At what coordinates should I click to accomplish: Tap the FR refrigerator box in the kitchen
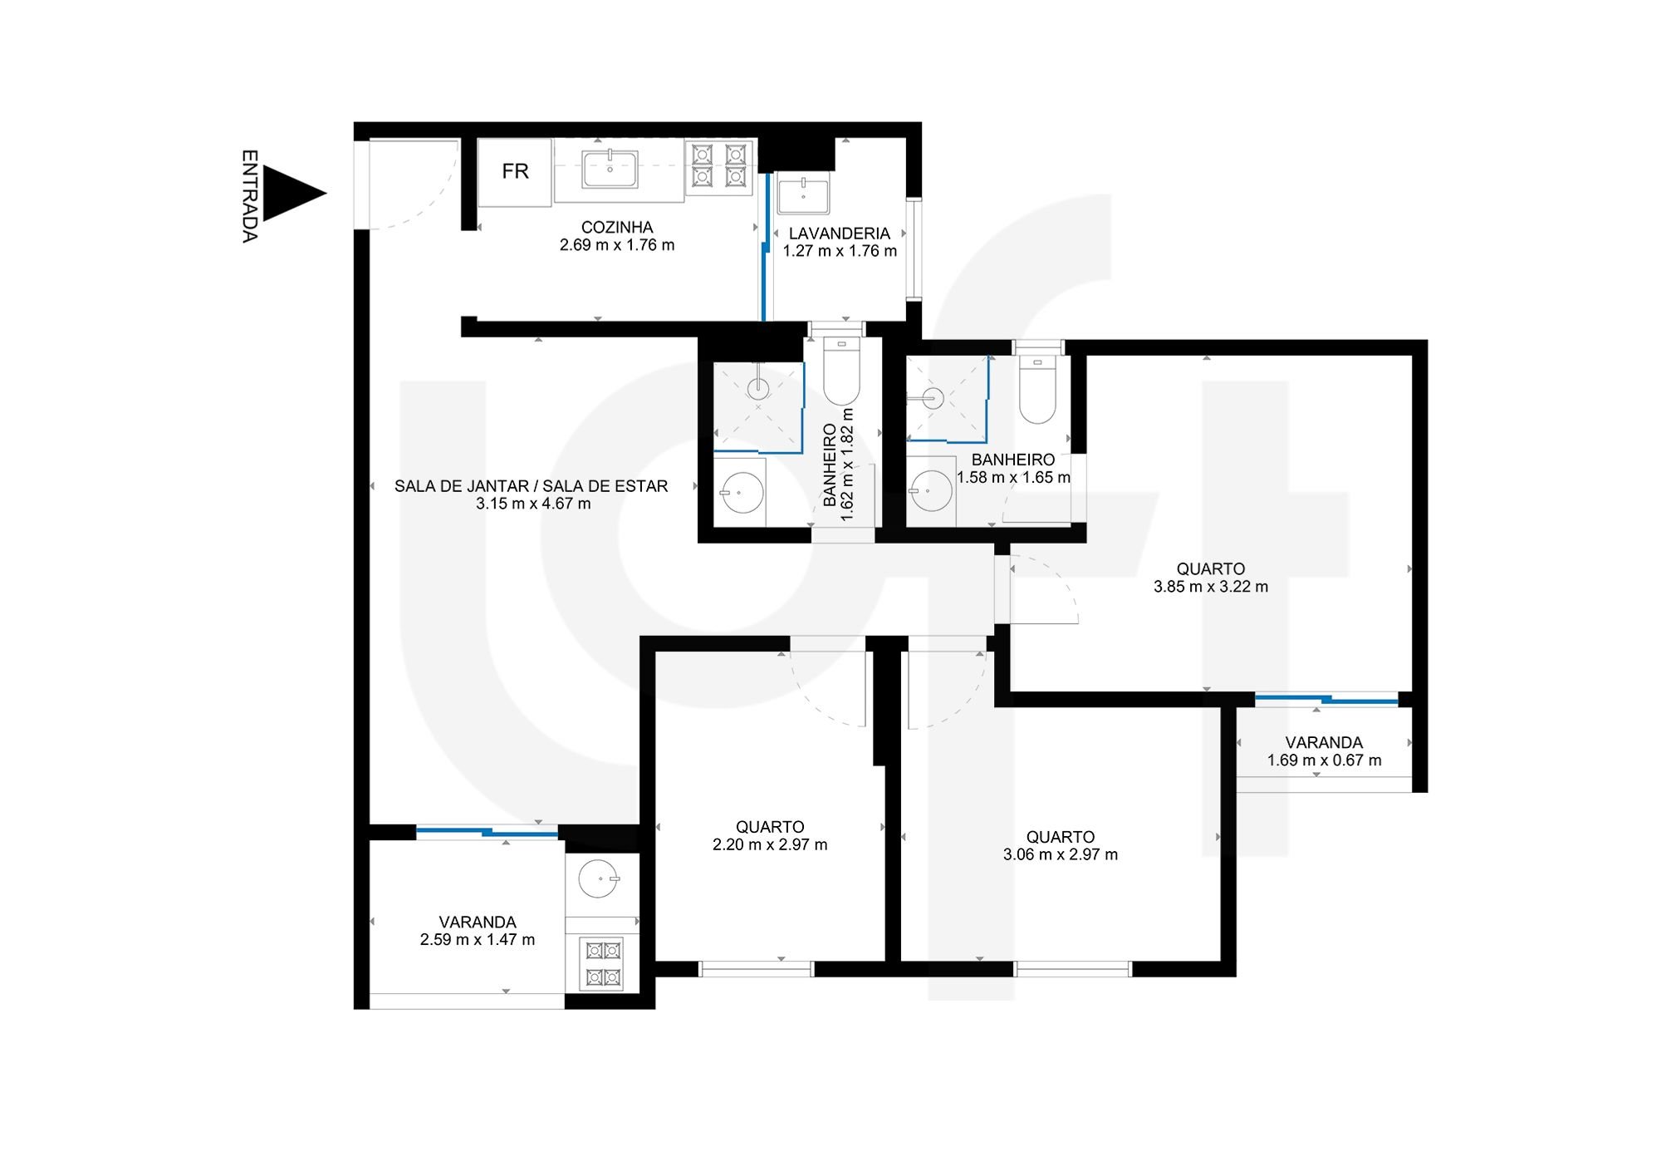click(x=515, y=171)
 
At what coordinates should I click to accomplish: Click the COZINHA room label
click(x=617, y=227)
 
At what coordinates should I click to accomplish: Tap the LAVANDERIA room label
click(x=840, y=234)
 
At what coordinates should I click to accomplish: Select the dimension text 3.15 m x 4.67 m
click(x=533, y=504)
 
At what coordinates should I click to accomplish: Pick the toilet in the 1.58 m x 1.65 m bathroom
click(x=1037, y=390)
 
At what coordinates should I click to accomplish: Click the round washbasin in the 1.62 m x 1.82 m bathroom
click(x=741, y=491)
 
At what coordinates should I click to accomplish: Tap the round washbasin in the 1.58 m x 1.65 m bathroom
click(x=931, y=491)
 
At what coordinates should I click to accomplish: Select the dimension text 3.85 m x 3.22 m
click(x=1211, y=587)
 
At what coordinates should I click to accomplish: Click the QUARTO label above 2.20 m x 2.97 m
click(x=770, y=827)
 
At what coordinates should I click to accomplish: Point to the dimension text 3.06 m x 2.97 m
click(x=1061, y=854)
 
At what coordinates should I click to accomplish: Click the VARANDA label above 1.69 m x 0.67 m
click(x=1324, y=743)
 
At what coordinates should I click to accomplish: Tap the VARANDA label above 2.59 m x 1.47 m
click(x=478, y=923)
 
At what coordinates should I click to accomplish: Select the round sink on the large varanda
click(x=598, y=878)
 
